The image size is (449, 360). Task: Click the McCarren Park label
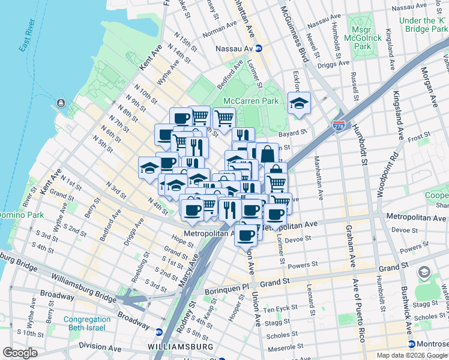coord(250,101)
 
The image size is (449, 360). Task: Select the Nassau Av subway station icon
coord(258,49)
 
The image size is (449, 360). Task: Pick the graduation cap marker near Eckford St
coord(299,104)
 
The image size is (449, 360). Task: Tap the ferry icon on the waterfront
coord(61,103)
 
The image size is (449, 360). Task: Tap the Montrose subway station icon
coord(411,344)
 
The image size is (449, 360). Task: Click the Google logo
coord(20,353)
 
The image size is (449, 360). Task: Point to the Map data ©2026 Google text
coord(412,355)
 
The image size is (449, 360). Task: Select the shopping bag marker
coord(267,154)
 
